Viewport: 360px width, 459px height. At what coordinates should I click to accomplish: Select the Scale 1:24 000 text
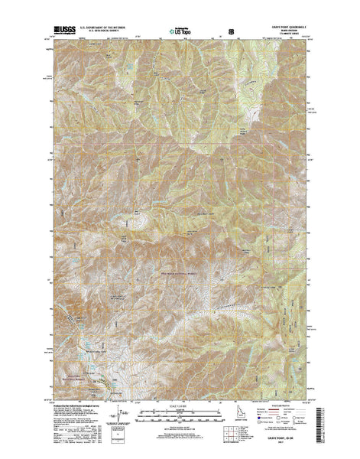[180, 405]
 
